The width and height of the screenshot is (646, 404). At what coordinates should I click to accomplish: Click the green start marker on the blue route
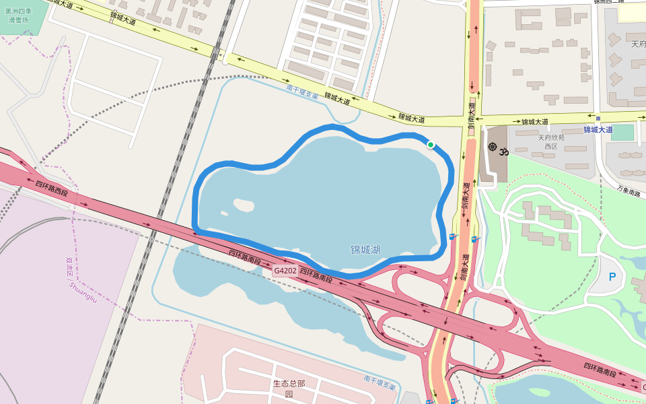(431, 144)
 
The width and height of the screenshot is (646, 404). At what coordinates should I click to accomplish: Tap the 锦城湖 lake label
(365, 250)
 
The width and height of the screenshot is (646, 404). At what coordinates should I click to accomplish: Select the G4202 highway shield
(284, 271)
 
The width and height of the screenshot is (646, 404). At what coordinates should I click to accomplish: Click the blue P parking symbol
(612, 277)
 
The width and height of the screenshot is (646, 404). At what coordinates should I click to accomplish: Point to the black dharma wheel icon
(492, 147)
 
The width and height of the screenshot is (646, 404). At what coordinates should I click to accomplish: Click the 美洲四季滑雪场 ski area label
(18, 15)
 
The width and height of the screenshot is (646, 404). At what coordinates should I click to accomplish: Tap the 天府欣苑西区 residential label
(551, 141)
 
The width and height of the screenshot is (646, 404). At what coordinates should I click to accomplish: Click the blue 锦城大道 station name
(598, 129)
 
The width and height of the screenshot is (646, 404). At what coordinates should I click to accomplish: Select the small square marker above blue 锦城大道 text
(598, 119)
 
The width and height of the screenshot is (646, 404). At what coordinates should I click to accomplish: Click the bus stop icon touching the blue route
(452, 236)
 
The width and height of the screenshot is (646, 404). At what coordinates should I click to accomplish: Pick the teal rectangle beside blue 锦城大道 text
(623, 132)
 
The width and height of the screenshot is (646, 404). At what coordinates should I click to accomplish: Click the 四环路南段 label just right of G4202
(316, 275)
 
